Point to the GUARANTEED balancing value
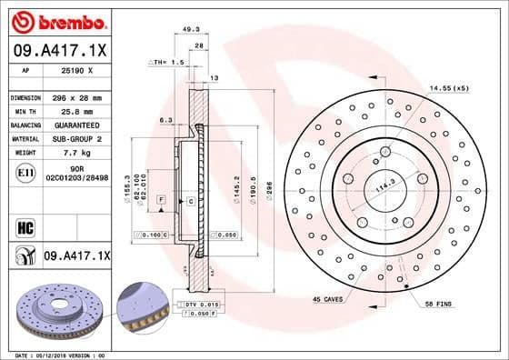point(82,125)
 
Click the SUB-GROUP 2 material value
point(82,138)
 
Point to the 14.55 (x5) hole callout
point(451,87)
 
